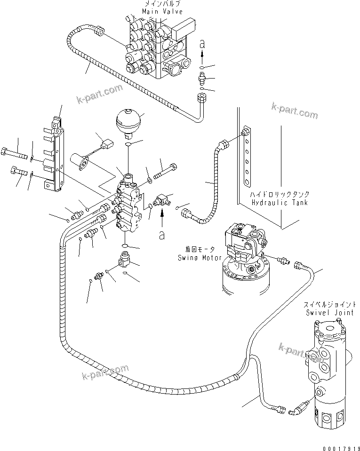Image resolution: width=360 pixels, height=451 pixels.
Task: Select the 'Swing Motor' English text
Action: (x=196, y=258)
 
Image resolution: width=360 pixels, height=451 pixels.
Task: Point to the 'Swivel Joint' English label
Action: (x=325, y=312)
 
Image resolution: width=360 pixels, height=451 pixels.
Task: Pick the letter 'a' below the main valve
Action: (x=202, y=44)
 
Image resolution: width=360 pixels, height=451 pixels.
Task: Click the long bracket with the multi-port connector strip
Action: (x=55, y=155)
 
